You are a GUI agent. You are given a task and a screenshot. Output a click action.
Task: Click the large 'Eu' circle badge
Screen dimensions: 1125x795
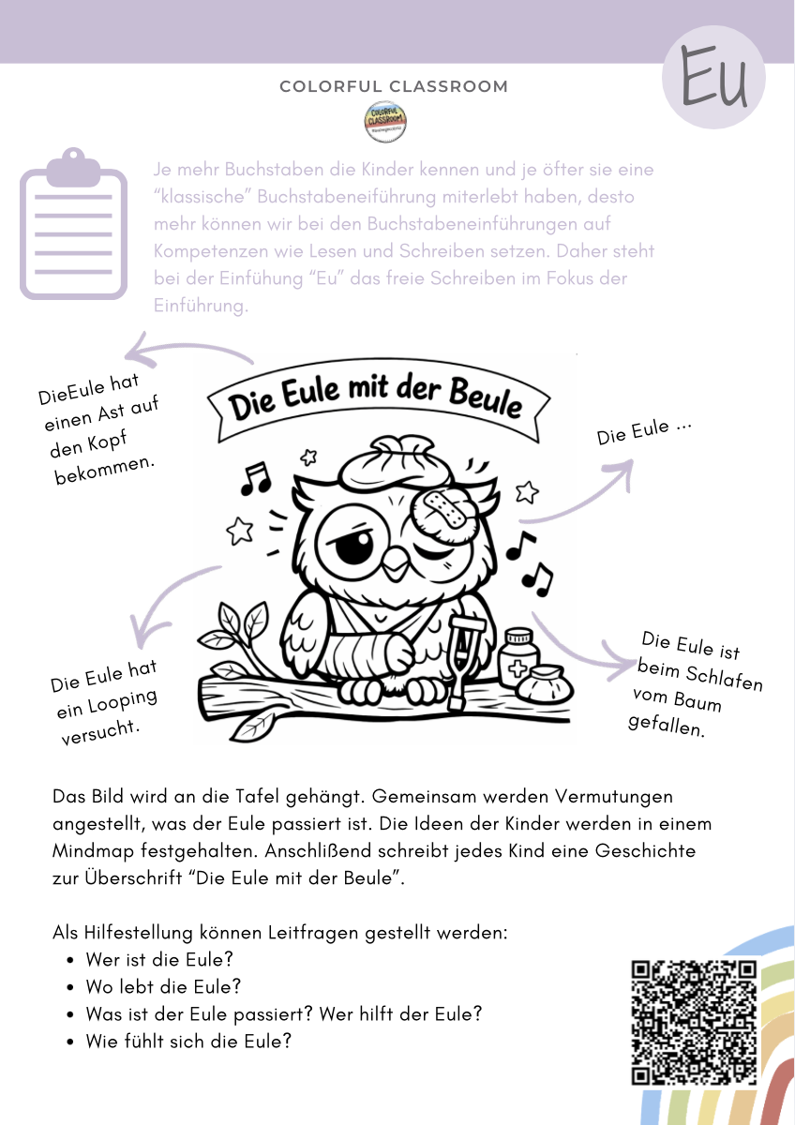tap(713, 77)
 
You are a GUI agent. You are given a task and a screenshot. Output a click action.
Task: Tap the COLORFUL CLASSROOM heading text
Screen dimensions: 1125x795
tap(394, 87)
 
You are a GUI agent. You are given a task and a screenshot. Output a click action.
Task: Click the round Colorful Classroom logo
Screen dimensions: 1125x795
tap(385, 122)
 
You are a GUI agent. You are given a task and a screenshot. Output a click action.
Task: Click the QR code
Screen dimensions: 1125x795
tap(694, 1022)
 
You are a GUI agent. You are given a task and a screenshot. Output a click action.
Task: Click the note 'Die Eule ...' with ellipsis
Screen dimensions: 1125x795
tap(645, 432)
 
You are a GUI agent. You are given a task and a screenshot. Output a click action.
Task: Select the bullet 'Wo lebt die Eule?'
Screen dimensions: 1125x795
tap(163, 986)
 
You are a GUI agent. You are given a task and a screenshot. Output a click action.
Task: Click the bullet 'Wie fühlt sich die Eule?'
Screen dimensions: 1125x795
tap(188, 1041)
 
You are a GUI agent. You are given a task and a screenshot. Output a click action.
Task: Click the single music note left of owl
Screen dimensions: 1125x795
tap(254, 479)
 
